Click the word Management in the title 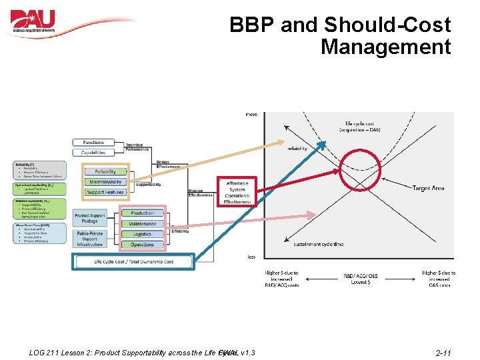(385, 47)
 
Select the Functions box (94, 143)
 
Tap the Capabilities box (94, 153)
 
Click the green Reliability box (105, 171)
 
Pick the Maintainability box (105, 182)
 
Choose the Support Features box (105, 192)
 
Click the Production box (142, 213)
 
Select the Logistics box (142, 234)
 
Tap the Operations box (142, 245)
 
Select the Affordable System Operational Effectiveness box (237, 192)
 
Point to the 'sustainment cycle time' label (319, 245)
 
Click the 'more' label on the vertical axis (251, 115)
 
